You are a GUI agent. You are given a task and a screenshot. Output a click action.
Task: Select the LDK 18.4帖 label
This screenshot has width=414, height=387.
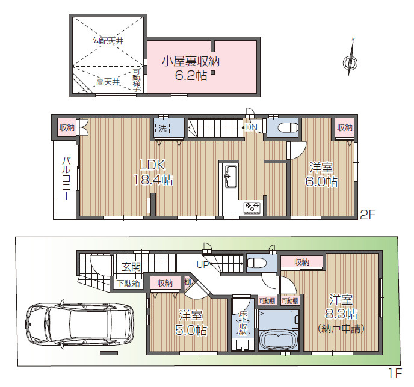(153, 172)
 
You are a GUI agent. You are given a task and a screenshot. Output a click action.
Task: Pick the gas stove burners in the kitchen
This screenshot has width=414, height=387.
(252, 207)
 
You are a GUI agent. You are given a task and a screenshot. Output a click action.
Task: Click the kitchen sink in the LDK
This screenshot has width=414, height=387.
(228, 176)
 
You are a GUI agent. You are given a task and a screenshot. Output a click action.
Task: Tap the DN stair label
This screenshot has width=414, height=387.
(251, 127)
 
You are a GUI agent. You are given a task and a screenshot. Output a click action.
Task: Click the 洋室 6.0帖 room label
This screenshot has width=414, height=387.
(323, 174)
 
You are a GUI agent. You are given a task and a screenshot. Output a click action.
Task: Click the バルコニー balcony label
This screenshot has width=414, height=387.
(66, 178)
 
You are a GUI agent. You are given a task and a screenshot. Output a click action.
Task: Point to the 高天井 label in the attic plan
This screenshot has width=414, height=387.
(108, 81)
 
